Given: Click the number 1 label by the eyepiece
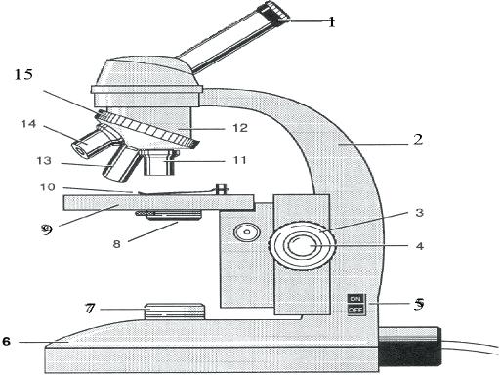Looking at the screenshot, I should pyautogui.click(x=331, y=21).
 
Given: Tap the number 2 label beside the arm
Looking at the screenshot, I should pyautogui.click(x=417, y=140).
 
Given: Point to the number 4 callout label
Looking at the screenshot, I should pyautogui.click(x=419, y=246).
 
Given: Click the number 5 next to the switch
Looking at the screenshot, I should pyautogui.click(x=418, y=304).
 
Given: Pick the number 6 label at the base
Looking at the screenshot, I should pyautogui.click(x=8, y=342).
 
